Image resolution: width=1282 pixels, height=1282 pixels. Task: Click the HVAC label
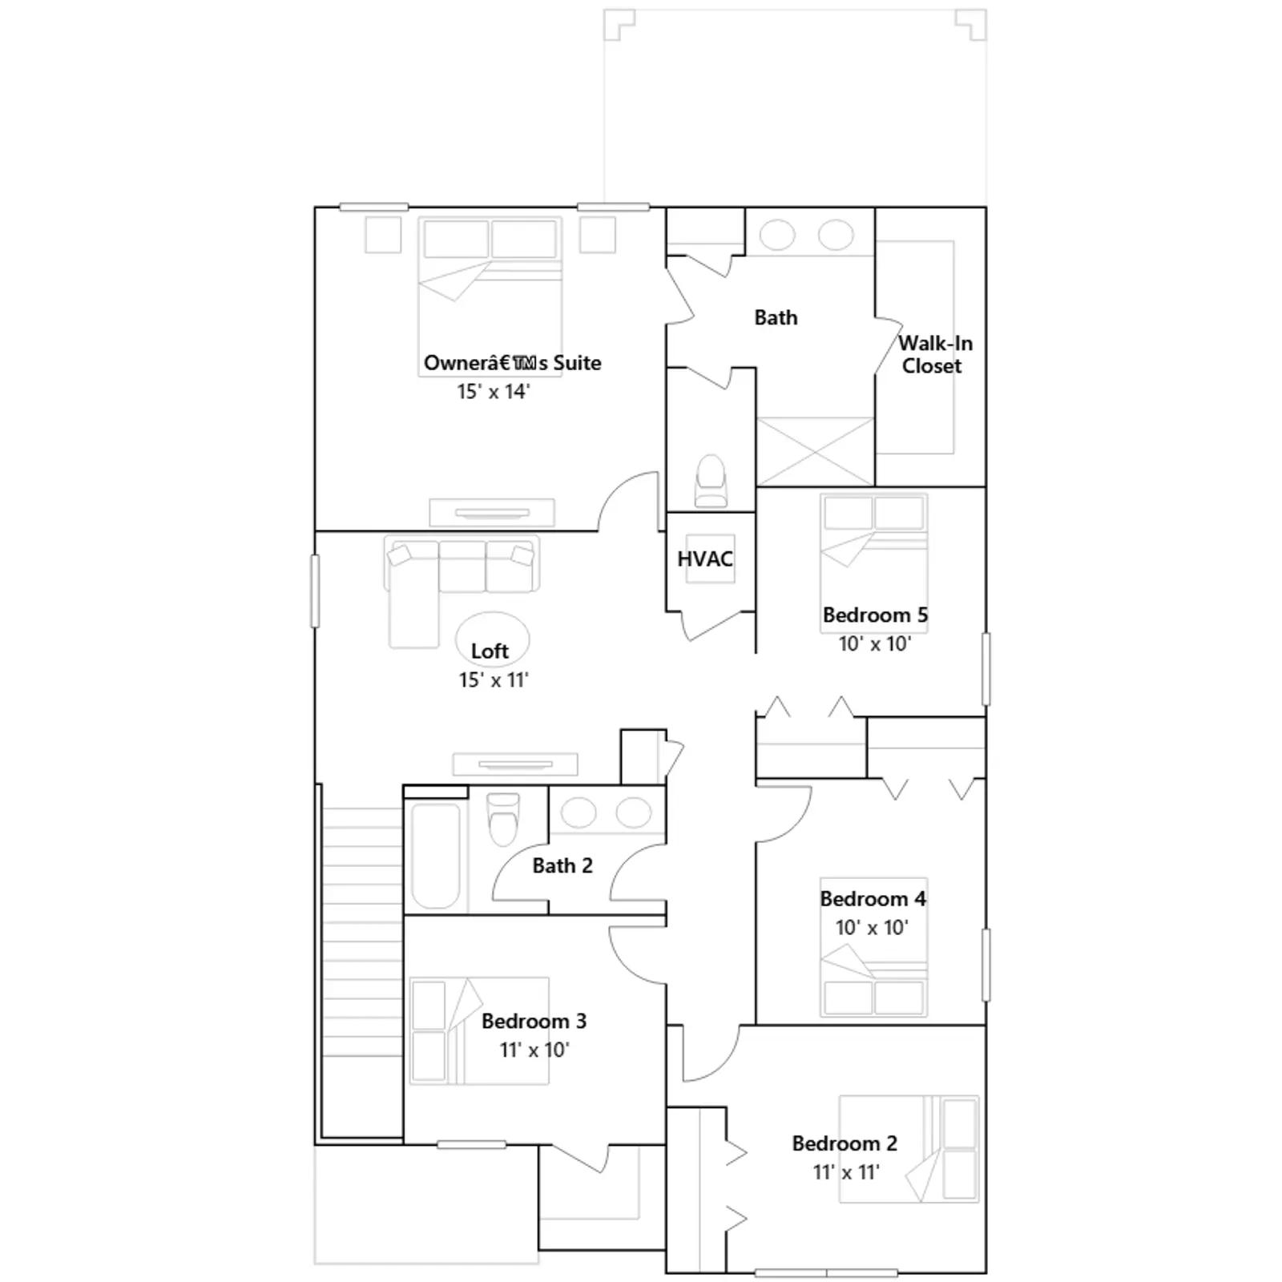705,558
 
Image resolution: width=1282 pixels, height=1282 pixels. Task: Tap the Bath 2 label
562,865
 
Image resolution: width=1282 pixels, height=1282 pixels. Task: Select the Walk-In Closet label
934,354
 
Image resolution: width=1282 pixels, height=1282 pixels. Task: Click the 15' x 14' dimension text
494,391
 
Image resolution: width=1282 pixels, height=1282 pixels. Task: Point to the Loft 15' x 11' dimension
494,679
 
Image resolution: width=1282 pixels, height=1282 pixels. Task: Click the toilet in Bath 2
503,819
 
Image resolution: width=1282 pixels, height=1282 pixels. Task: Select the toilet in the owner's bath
711,481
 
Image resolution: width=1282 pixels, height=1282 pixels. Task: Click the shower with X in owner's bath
816,451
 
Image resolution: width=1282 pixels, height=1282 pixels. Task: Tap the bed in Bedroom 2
909,1148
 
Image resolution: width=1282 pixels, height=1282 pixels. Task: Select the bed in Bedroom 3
479,1030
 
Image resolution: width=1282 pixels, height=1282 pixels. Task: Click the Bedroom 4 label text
873,898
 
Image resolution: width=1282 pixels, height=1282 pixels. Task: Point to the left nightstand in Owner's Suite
383,235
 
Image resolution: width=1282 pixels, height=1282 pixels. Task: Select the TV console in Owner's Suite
492,512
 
